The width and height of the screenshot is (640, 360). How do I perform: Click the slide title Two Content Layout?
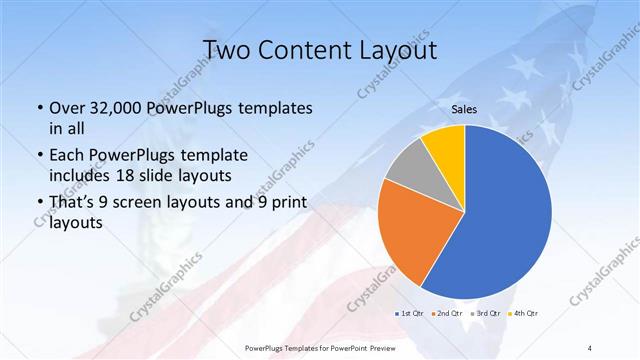pyautogui.click(x=320, y=50)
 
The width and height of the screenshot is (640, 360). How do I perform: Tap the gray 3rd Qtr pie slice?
pyautogui.click(x=405, y=165)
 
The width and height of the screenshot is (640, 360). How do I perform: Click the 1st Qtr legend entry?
pyautogui.click(x=410, y=314)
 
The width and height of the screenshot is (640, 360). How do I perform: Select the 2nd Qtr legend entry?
pyautogui.click(x=446, y=314)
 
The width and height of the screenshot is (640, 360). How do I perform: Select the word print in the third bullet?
pyautogui.click(x=286, y=205)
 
